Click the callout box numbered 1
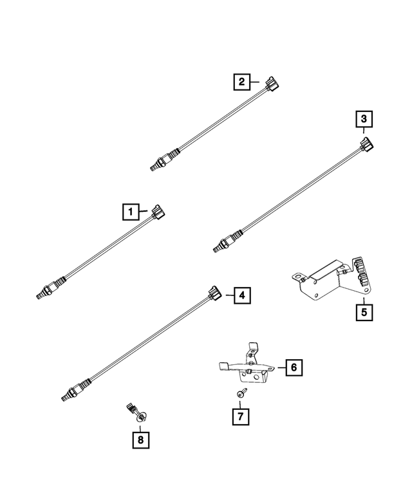131,211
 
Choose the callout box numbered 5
364,313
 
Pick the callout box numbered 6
292,367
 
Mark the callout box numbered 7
239,416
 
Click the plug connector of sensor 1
158,213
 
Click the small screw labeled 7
240,393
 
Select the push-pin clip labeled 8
135,414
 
